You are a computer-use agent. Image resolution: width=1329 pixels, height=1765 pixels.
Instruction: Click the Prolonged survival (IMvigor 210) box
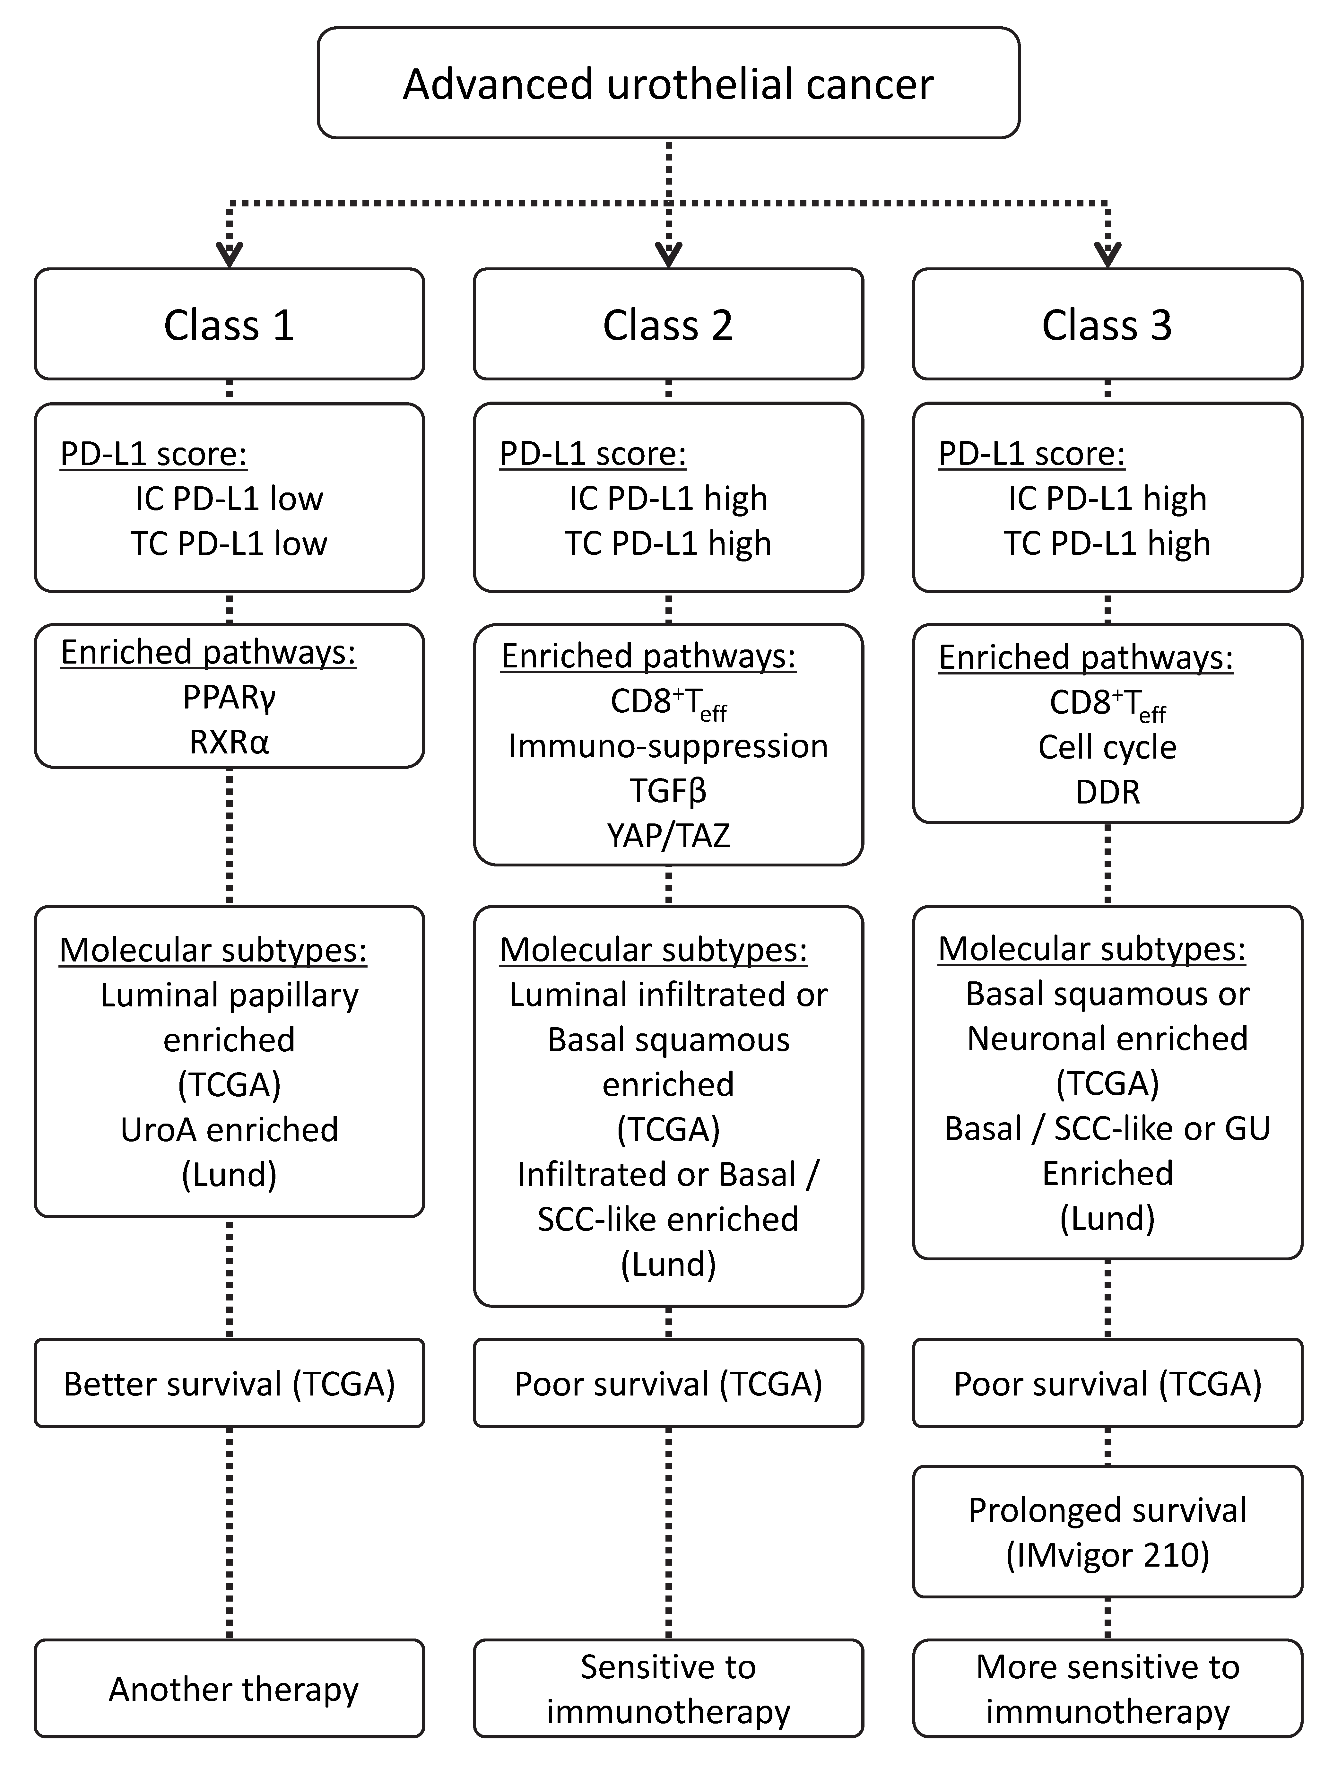coord(1107,1532)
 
